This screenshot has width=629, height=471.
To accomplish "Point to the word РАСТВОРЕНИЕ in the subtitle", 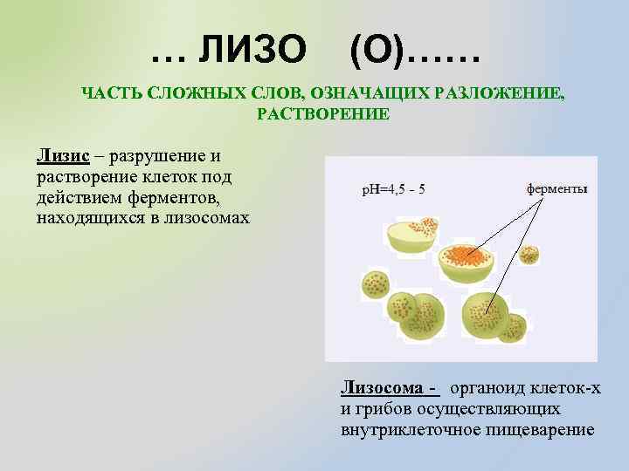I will coord(323,114).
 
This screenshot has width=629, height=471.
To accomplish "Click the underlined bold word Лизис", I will coord(63,156).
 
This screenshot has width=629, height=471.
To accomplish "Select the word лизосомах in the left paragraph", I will coord(207,218).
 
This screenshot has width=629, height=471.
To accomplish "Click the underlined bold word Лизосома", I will coord(385,388).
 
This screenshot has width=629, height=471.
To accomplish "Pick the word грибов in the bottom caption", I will coord(385,409).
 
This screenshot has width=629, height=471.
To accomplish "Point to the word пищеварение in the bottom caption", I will coord(546,430).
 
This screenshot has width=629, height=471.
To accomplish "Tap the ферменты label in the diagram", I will coord(556,188).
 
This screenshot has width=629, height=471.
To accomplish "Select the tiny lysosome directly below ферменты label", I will coord(529,255).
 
